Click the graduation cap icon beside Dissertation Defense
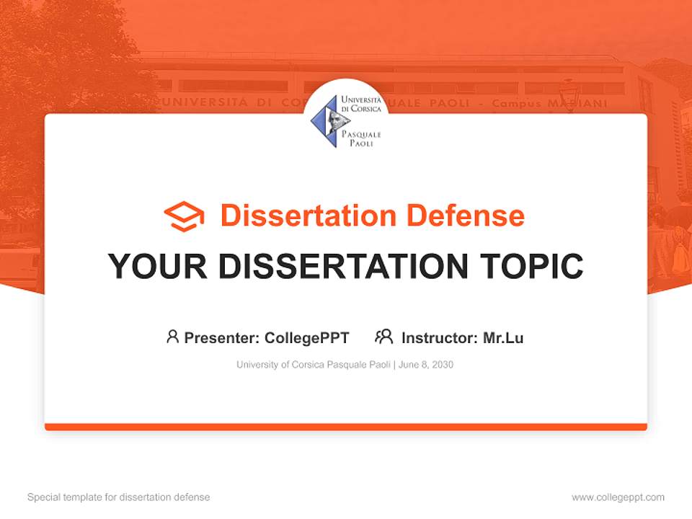tap(184, 216)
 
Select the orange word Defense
tap(466, 216)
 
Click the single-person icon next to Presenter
tap(172, 337)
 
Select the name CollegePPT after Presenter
tap(307, 338)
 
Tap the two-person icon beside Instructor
tap(384, 337)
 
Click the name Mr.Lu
tap(503, 338)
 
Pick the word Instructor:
tap(440, 338)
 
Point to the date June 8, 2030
tap(426, 365)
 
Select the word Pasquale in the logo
tap(361, 134)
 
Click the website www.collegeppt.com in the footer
tap(618, 497)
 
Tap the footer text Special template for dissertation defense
tap(119, 497)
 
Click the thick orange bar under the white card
tap(346, 427)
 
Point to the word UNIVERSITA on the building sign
tap(205, 102)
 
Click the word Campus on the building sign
tap(516, 104)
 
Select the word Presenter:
tap(221, 338)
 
